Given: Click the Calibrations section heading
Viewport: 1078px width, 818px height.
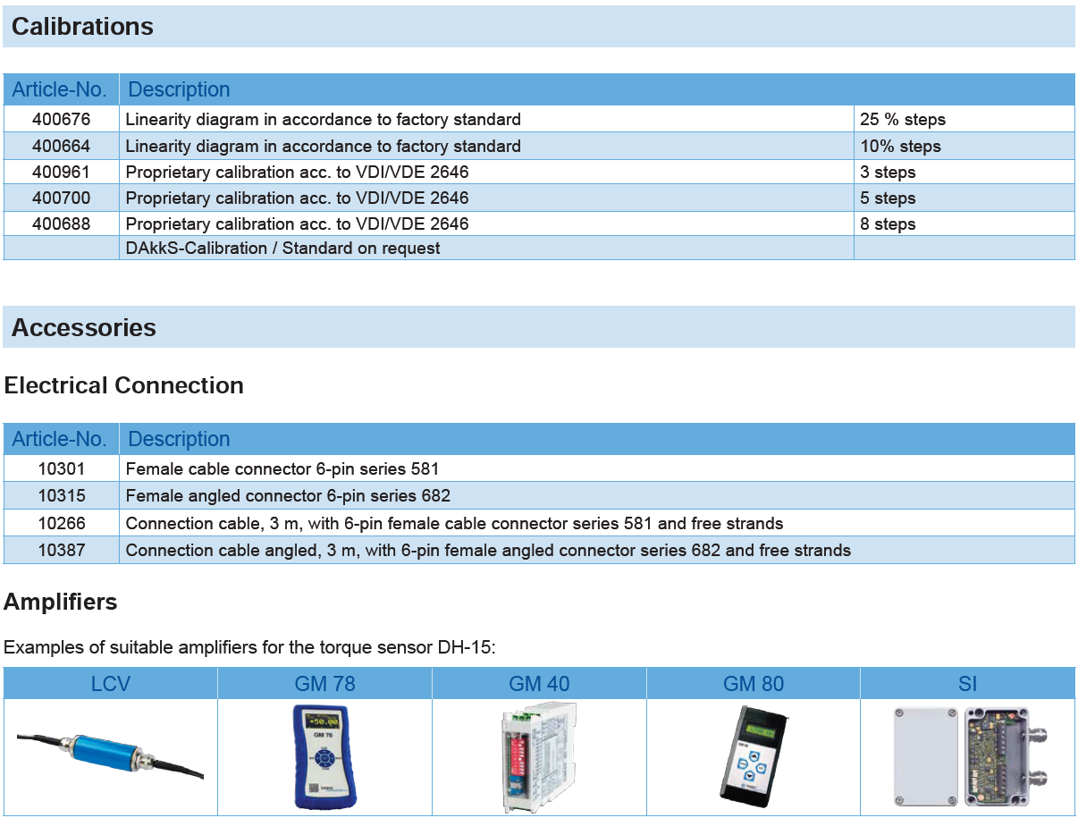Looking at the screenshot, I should [x=82, y=27].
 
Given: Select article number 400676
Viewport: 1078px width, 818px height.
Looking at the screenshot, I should [x=62, y=119].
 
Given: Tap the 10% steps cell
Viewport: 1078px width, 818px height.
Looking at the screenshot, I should [x=900, y=146].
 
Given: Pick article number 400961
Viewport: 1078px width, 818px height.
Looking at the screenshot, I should [x=62, y=172].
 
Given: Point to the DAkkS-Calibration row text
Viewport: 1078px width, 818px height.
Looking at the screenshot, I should [x=282, y=248].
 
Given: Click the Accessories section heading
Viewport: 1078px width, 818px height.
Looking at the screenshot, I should [x=84, y=327].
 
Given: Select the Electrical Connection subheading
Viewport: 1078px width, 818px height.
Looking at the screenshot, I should [x=124, y=385].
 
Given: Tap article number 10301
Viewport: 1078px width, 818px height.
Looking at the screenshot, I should [x=62, y=468].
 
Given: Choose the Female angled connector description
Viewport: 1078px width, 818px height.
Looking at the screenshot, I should [x=288, y=495].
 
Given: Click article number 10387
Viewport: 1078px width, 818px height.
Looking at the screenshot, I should [x=62, y=550].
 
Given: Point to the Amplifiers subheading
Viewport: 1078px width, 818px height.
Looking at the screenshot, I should [x=61, y=602].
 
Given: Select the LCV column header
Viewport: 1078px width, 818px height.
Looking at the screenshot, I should [x=111, y=684].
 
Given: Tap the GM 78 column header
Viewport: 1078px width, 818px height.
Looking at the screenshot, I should [x=324, y=684].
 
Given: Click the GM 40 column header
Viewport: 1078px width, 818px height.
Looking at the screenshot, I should [x=539, y=684].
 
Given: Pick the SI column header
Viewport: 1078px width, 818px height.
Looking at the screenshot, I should [x=967, y=684].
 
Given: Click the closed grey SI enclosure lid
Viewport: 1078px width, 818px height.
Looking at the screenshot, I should [x=925, y=755].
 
